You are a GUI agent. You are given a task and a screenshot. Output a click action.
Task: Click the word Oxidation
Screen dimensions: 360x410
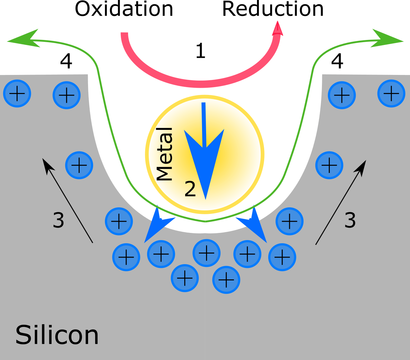click(x=124, y=9)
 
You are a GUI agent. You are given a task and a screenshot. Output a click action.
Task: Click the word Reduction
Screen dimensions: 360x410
click(x=273, y=9)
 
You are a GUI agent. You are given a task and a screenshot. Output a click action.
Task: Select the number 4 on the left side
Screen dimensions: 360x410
click(x=66, y=61)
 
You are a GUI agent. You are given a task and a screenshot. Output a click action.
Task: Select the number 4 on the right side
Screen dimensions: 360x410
click(x=337, y=61)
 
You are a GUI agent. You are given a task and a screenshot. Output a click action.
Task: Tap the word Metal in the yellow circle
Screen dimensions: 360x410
click(x=164, y=154)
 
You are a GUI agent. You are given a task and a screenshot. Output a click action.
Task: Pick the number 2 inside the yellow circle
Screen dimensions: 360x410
click(x=190, y=189)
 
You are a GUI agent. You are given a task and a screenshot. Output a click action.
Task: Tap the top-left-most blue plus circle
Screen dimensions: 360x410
click(x=17, y=93)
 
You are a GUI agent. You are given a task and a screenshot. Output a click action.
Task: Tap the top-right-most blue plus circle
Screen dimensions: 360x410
click(x=391, y=93)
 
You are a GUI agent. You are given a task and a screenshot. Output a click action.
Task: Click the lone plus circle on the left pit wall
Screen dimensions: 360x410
click(x=79, y=165)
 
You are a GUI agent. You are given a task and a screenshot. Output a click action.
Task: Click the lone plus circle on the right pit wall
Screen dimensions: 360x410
click(x=329, y=165)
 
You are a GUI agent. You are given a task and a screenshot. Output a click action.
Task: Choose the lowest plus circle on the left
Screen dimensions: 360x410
click(x=185, y=278)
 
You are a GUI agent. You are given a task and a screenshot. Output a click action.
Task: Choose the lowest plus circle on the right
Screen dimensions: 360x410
click(x=226, y=280)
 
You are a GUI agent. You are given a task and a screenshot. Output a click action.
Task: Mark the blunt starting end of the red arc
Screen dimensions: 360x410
click(x=124, y=33)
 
